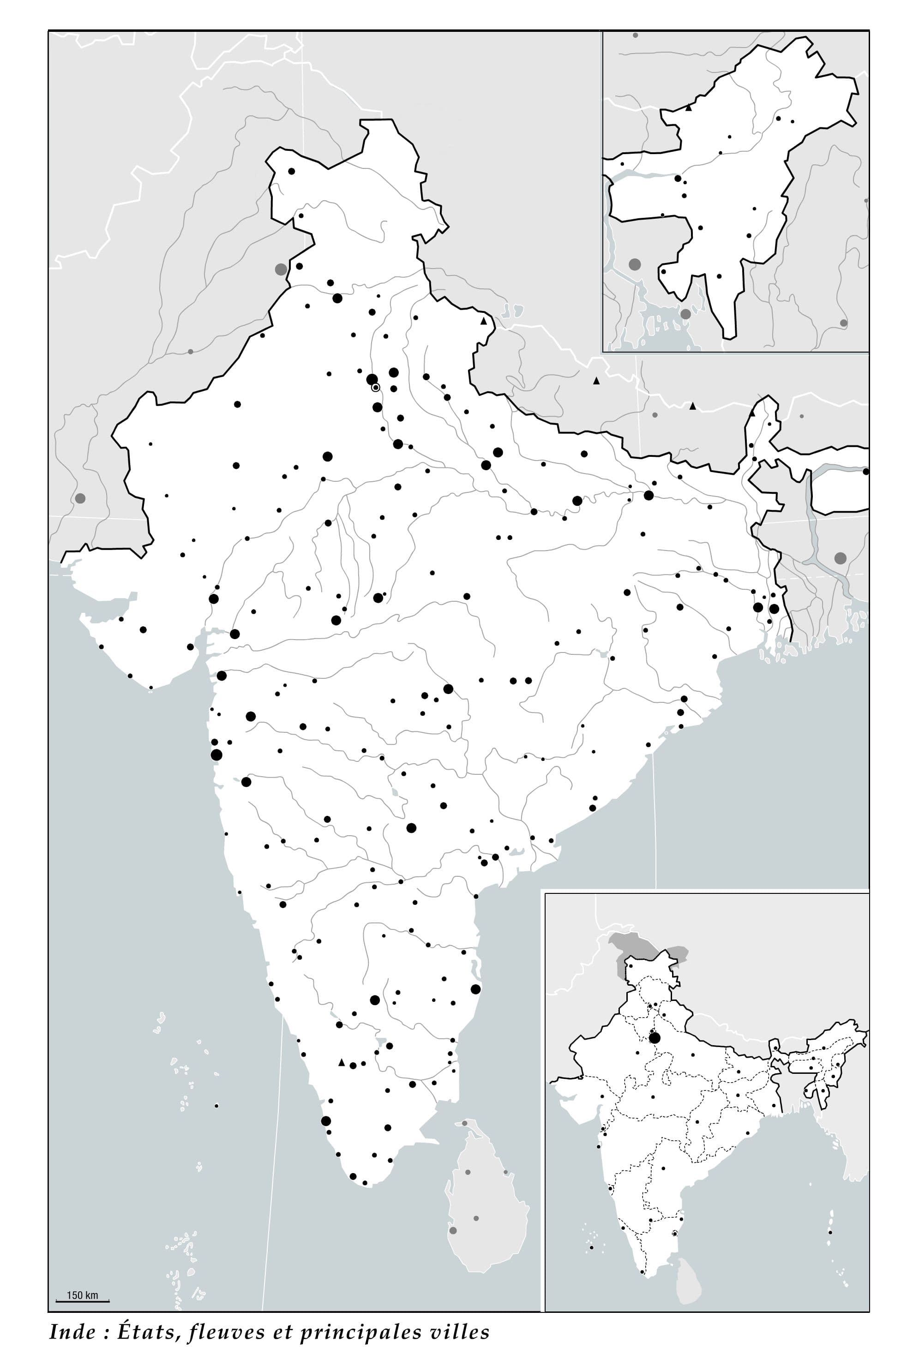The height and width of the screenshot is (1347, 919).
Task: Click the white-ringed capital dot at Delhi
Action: pos(376,387)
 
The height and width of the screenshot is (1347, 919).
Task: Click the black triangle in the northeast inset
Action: pos(689,107)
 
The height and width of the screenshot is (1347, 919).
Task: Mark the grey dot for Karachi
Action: pos(80,498)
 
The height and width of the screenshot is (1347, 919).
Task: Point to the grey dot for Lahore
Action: pos(281,269)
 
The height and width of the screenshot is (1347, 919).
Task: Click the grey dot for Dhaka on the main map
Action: pos(840,558)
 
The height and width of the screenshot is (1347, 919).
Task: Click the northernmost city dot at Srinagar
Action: pos(292,171)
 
